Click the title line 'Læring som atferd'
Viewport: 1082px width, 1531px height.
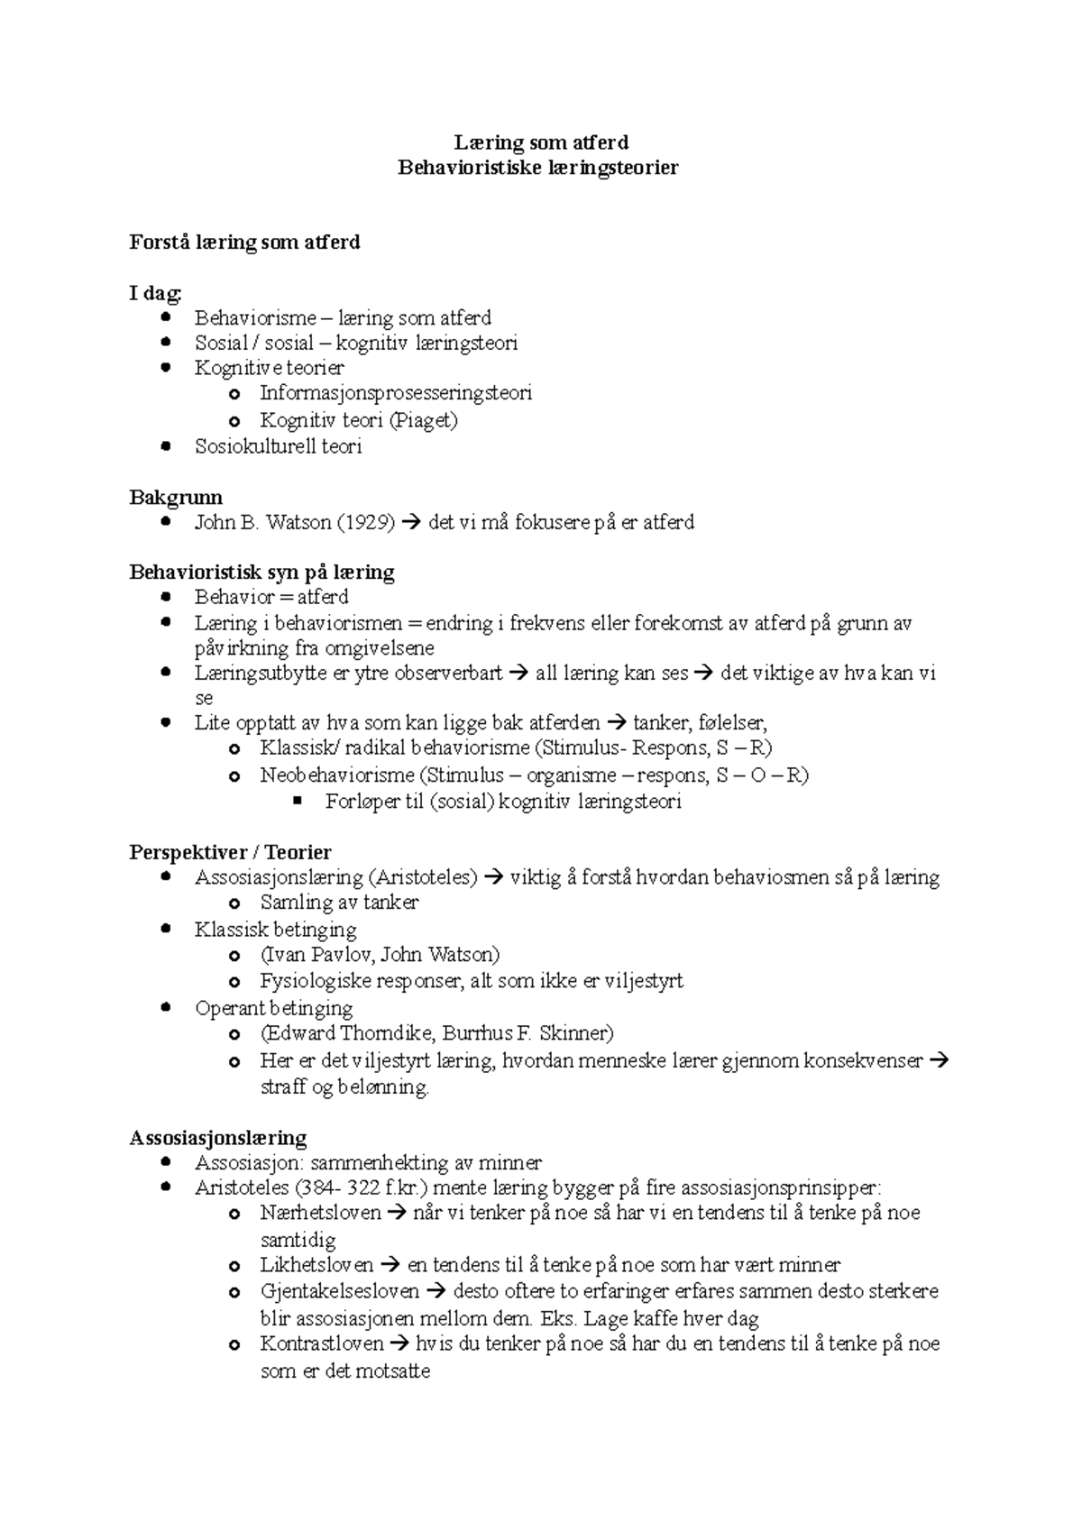[x=540, y=142]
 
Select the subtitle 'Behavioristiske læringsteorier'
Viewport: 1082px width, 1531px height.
[x=538, y=168]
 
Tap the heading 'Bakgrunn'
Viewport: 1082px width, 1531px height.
[x=176, y=498]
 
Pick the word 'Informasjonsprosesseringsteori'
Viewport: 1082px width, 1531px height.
[x=396, y=393]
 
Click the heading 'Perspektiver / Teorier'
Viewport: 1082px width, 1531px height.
[x=231, y=853]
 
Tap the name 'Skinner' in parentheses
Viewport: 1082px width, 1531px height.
[x=575, y=1033]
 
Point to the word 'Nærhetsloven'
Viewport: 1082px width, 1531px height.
[x=320, y=1214]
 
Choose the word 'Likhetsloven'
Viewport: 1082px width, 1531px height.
[x=316, y=1266]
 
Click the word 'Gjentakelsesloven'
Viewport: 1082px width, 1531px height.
[x=340, y=1292]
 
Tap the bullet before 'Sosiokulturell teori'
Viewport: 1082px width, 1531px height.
[x=164, y=445]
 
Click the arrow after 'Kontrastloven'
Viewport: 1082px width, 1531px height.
[x=399, y=1344]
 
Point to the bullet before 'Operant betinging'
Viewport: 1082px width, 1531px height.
[x=164, y=1007]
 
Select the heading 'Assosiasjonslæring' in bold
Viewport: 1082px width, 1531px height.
[x=218, y=1138]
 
